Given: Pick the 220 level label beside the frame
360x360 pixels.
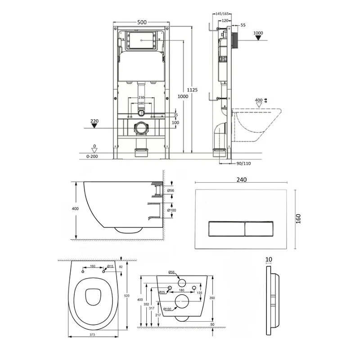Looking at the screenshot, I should pyautogui.click(x=94, y=121).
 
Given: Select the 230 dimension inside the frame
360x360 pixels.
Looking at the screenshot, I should pyautogui.click(x=141, y=98).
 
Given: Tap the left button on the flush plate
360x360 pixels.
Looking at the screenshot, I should pyautogui.click(x=226, y=229).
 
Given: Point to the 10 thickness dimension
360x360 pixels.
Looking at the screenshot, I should pyautogui.click(x=269, y=260).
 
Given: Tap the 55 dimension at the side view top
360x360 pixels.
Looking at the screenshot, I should pyautogui.click(x=243, y=26).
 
